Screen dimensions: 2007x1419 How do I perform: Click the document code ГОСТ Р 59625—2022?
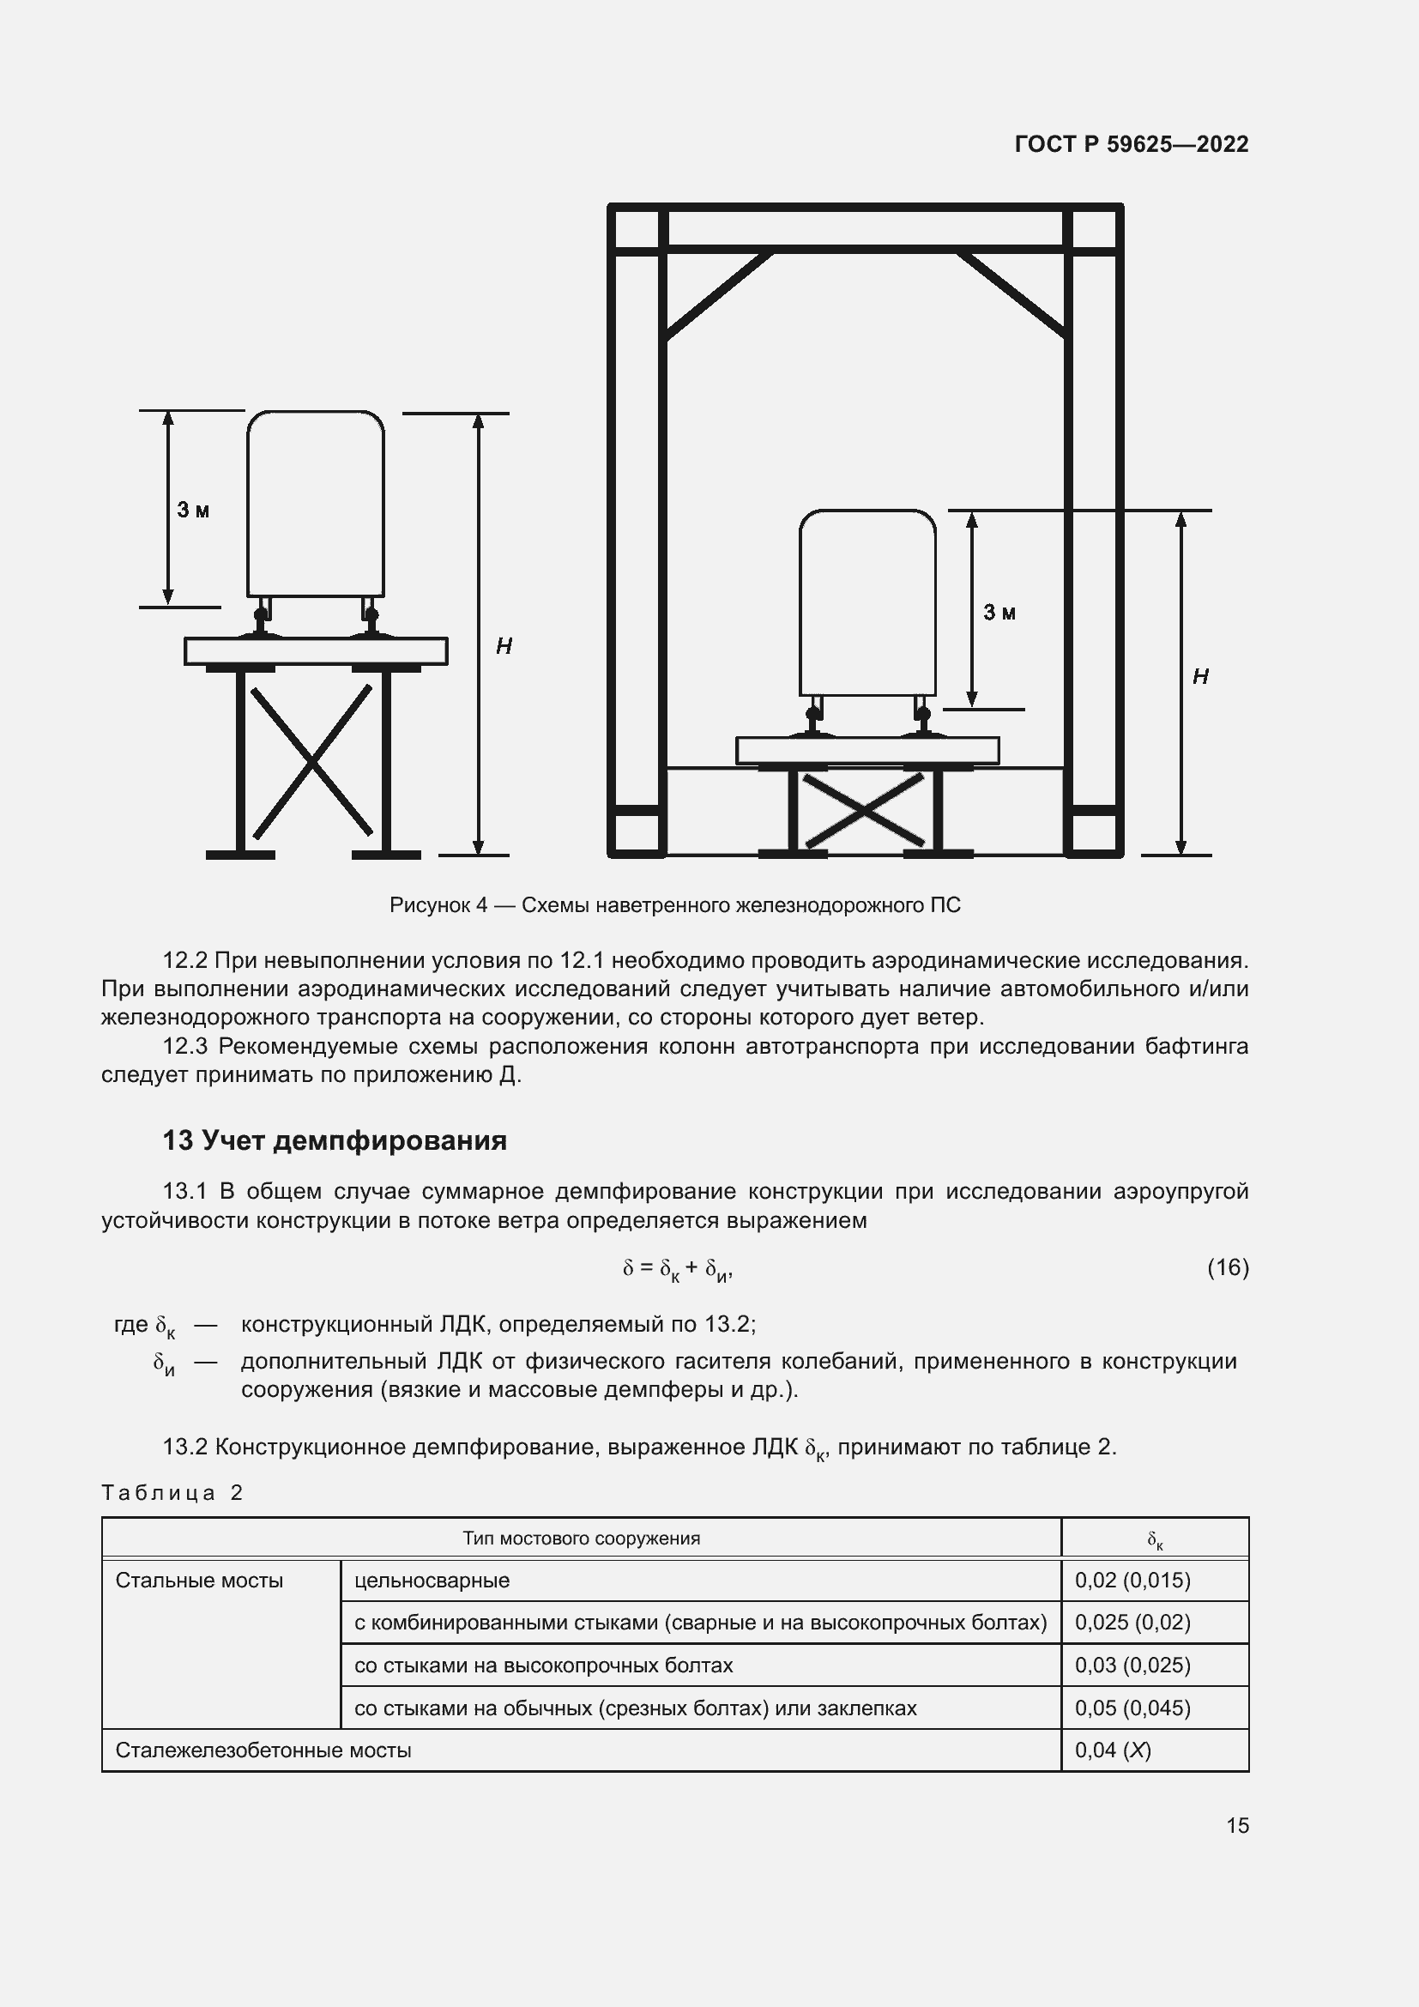click(1131, 144)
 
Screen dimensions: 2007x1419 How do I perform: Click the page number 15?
click(1237, 1825)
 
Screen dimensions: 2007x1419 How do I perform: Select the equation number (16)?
click(1228, 1267)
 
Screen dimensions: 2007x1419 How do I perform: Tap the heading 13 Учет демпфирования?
click(334, 1140)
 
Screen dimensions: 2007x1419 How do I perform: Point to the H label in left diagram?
click(504, 646)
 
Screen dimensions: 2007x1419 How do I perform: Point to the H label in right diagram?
click(1199, 676)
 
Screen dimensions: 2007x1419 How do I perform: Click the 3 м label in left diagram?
click(193, 510)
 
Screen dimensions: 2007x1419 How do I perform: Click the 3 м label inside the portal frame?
click(999, 612)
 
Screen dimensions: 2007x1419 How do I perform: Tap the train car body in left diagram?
click(316, 505)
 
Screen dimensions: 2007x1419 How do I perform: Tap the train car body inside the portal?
click(866, 603)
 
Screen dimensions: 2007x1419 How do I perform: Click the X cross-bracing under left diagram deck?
click(312, 760)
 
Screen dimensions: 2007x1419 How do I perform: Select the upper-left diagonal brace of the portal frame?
click(718, 295)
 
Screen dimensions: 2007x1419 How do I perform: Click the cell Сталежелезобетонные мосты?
click(263, 1750)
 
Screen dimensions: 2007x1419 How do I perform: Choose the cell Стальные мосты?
click(199, 1581)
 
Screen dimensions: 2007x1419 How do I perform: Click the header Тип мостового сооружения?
click(581, 1538)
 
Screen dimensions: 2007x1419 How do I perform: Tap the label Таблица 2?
click(172, 1493)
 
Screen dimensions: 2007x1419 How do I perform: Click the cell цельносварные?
click(432, 1581)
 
